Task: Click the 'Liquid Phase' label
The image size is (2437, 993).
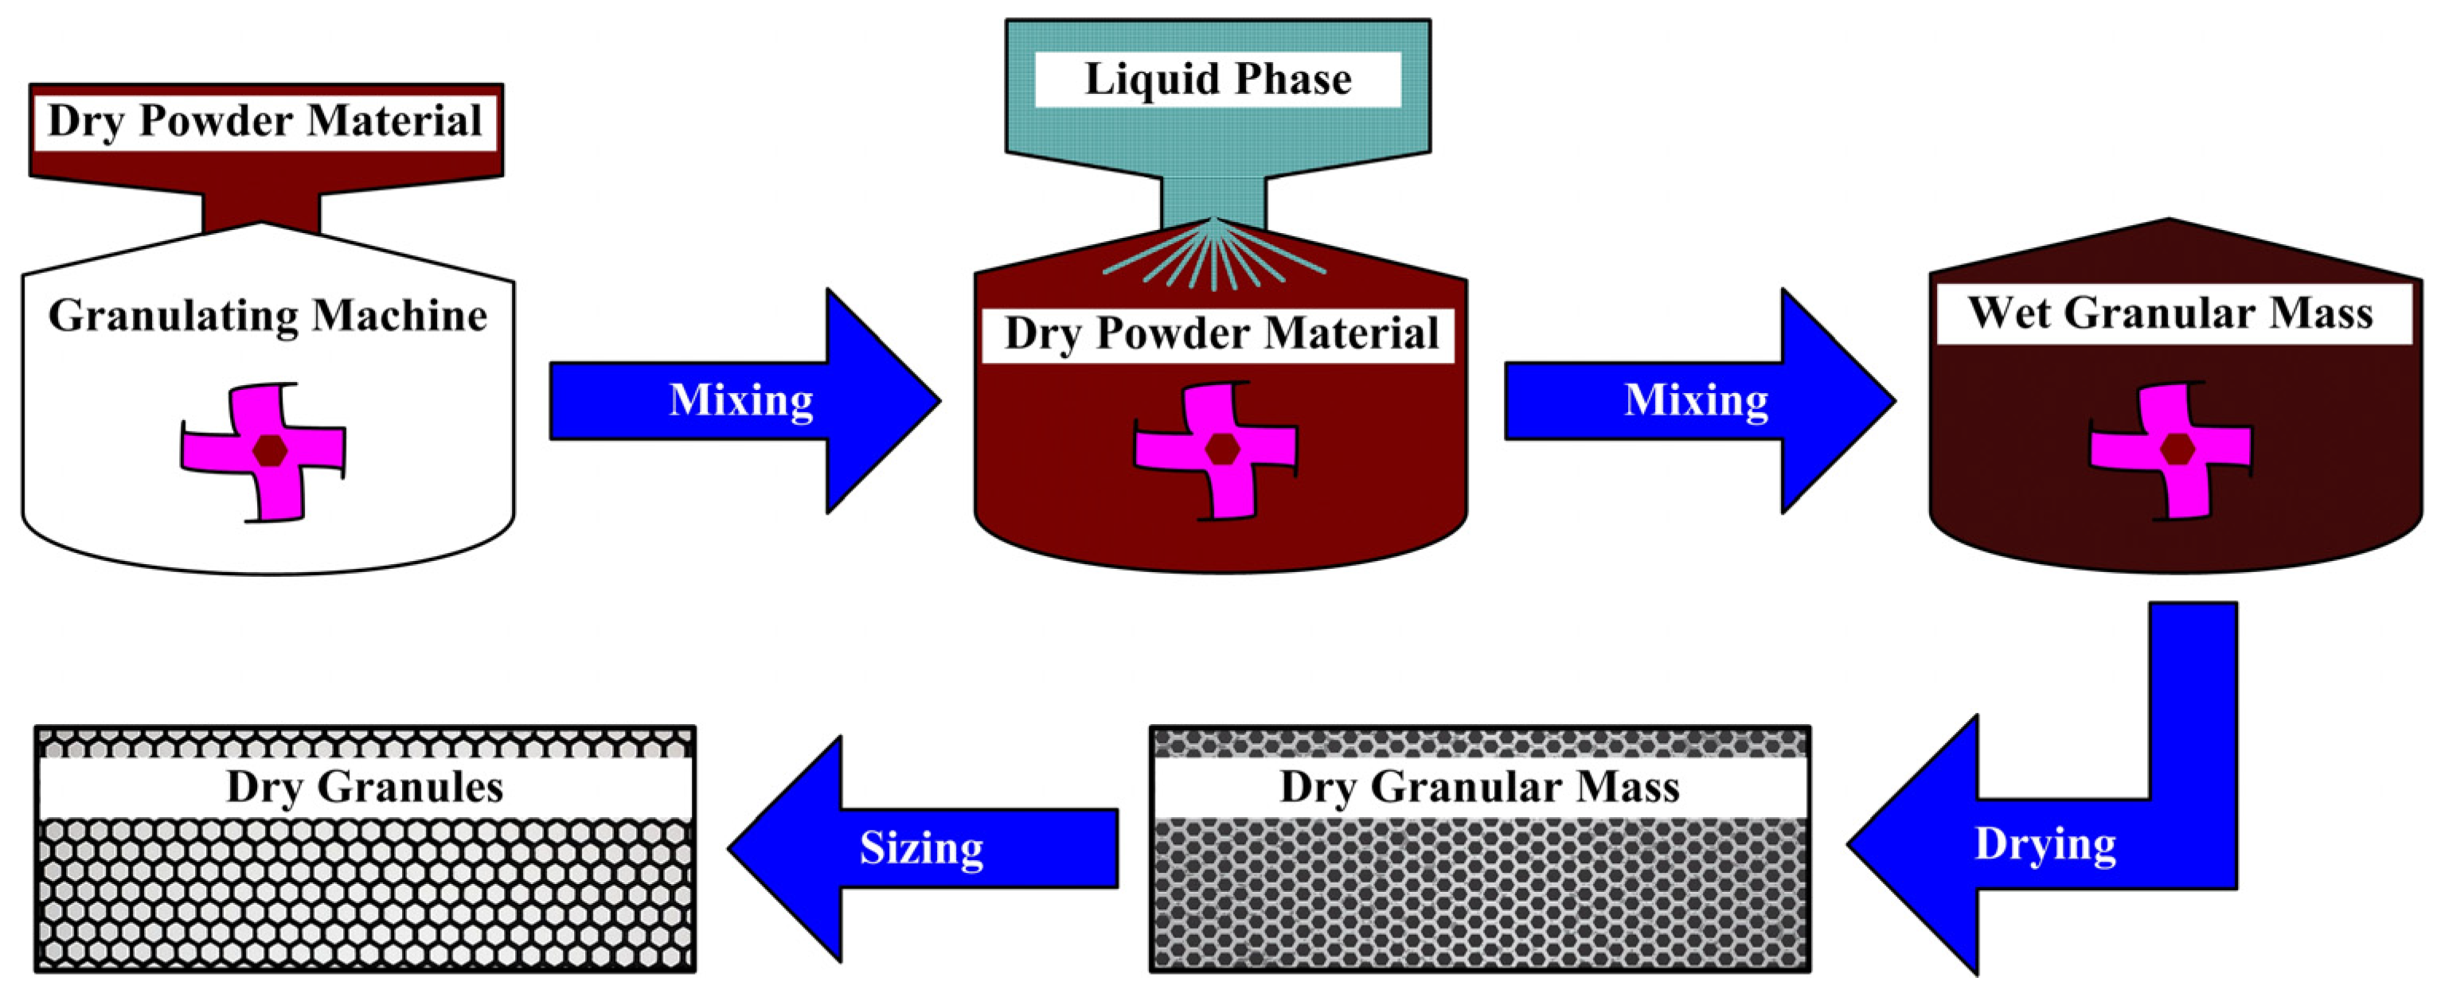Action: [x=1217, y=80]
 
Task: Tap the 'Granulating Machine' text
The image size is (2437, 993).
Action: [x=268, y=316]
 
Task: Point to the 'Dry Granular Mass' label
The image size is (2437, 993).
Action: [x=1478, y=788]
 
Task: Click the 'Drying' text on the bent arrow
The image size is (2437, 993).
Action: [x=2045, y=844]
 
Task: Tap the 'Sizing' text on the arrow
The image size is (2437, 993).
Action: [x=921, y=848]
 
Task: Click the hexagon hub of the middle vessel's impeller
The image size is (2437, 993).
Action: [x=1221, y=450]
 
